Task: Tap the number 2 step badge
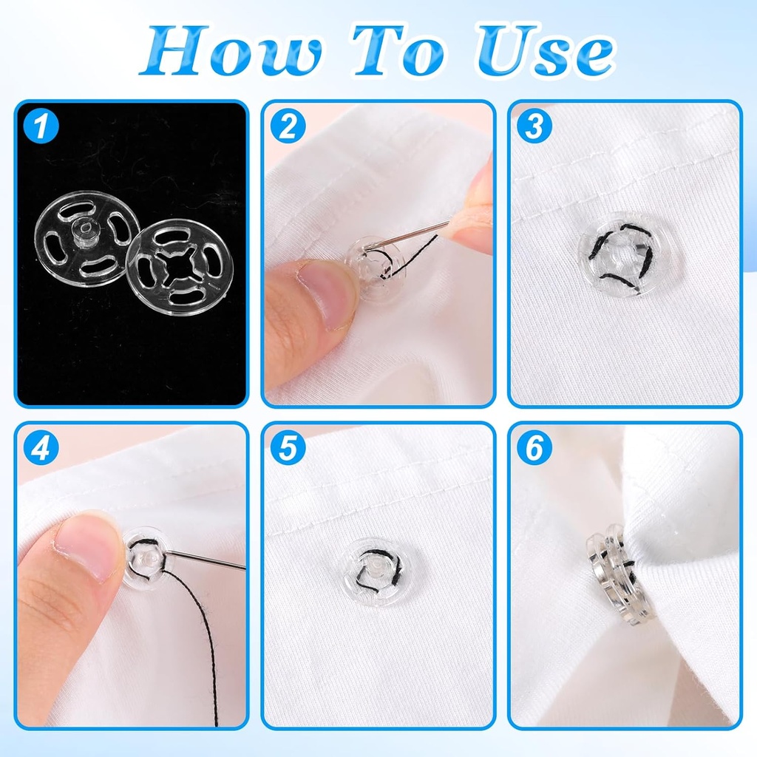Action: pos(288,126)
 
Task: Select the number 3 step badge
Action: pos(534,126)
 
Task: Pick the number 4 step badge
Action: pos(41,449)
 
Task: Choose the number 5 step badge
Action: pos(288,449)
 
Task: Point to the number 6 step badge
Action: pos(534,449)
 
